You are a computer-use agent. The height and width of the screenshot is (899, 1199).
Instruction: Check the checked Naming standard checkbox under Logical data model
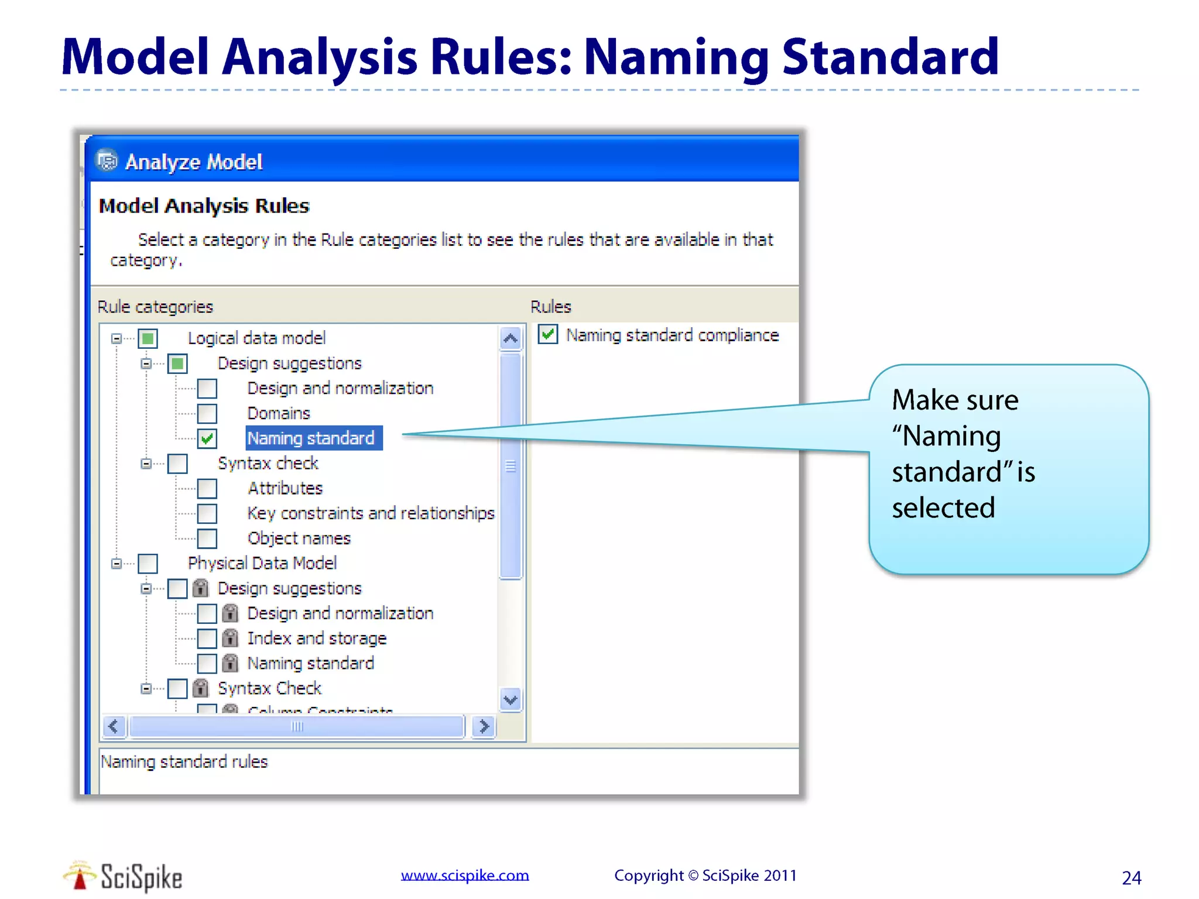(x=207, y=438)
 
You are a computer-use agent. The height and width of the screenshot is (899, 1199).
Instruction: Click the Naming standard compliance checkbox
(x=548, y=335)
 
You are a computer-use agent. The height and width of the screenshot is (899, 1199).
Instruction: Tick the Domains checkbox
(x=207, y=413)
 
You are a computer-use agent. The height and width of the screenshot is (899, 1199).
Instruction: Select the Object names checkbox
(x=207, y=538)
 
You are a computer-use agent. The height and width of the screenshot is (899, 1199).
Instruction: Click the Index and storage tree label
(x=317, y=638)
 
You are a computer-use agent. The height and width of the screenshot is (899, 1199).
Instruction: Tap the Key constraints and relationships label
(x=371, y=513)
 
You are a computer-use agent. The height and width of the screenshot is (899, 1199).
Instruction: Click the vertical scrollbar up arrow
(x=511, y=338)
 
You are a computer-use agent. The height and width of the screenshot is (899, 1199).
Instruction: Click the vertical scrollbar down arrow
(x=511, y=700)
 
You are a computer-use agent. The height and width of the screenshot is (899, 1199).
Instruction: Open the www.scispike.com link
(x=465, y=875)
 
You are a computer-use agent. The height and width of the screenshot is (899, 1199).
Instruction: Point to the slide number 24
(x=1131, y=878)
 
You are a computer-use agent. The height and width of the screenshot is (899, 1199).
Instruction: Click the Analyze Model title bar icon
(x=107, y=161)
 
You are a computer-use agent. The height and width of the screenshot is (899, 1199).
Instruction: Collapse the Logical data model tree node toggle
(x=117, y=338)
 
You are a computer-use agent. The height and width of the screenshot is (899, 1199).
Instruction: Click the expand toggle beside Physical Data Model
(x=117, y=564)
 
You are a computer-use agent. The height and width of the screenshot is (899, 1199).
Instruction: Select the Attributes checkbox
(x=207, y=488)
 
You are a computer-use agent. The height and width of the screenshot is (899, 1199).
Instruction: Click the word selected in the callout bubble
(x=943, y=507)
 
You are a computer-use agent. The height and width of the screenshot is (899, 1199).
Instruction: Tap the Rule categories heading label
(x=155, y=307)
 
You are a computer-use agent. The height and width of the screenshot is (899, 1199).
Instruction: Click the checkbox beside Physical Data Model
(x=148, y=564)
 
